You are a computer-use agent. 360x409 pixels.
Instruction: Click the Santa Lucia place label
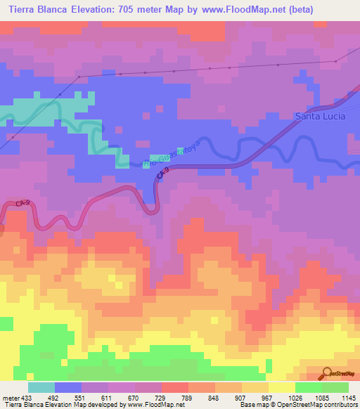[320, 116]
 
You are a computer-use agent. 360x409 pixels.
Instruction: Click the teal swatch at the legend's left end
[41, 387]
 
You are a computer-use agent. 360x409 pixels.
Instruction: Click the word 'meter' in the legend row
[11, 397]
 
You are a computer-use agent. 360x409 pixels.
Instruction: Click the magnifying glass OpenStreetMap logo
[327, 373]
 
